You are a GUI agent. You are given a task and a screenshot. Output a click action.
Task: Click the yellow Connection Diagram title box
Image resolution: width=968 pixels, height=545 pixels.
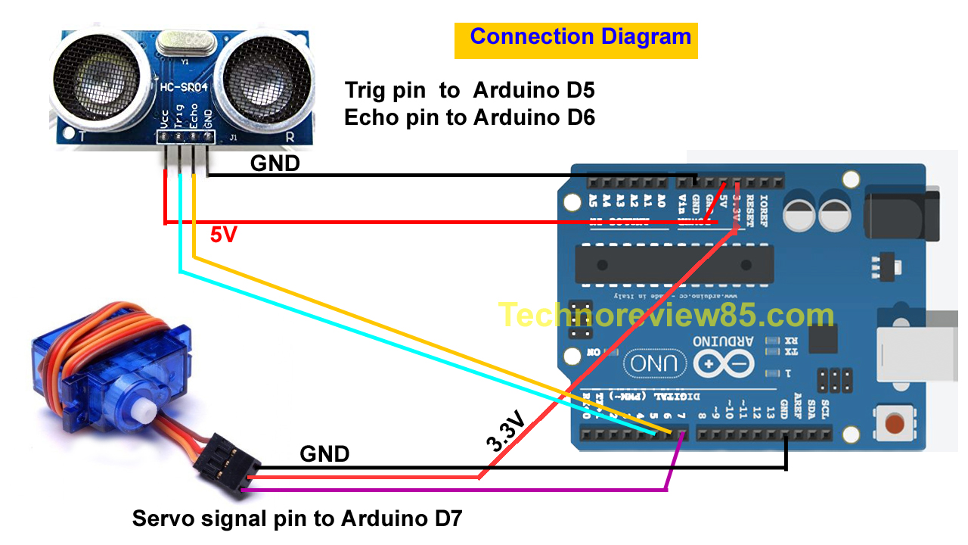tap(576, 40)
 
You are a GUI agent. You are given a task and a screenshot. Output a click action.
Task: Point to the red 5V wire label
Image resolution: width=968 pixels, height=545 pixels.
tap(223, 235)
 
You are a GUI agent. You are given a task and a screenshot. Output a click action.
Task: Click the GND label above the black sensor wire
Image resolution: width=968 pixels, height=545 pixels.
tap(275, 163)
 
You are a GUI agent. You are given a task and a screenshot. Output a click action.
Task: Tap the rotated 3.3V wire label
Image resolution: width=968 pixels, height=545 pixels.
tap(504, 432)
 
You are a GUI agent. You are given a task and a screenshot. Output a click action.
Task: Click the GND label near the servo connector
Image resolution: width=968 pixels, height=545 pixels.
tap(324, 454)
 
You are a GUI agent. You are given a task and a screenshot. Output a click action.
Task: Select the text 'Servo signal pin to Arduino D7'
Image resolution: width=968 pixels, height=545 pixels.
tap(296, 519)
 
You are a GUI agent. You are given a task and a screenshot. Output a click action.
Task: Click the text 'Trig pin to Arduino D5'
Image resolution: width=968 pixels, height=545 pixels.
tap(470, 91)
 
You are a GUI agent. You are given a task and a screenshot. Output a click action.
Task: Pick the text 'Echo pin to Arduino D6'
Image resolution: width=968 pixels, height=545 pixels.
tap(470, 118)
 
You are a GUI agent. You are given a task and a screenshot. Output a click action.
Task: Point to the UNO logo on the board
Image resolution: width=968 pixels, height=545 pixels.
tap(655, 364)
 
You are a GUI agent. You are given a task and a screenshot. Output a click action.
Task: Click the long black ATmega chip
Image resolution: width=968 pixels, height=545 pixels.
tap(674, 266)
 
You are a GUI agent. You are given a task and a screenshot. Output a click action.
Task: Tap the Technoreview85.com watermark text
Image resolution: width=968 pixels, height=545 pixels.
tap(666, 315)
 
